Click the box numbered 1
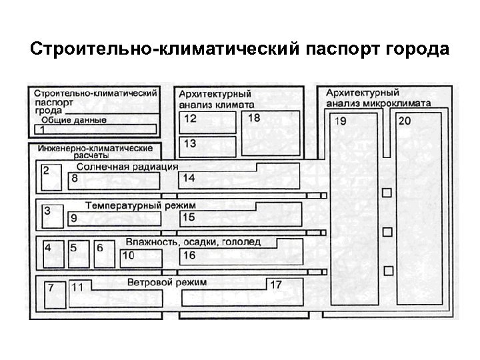click(x=93, y=129)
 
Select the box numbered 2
click(x=51, y=177)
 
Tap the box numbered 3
click(x=51, y=217)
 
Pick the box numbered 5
click(x=78, y=255)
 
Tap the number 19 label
click(x=340, y=121)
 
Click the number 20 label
click(x=405, y=121)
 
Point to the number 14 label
click(x=189, y=178)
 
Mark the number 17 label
click(x=276, y=285)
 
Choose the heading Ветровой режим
click(x=167, y=283)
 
